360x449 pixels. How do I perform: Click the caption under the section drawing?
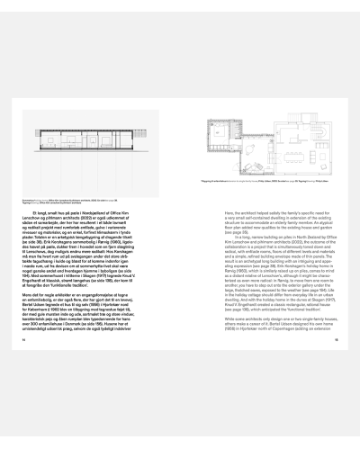click(63, 195)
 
